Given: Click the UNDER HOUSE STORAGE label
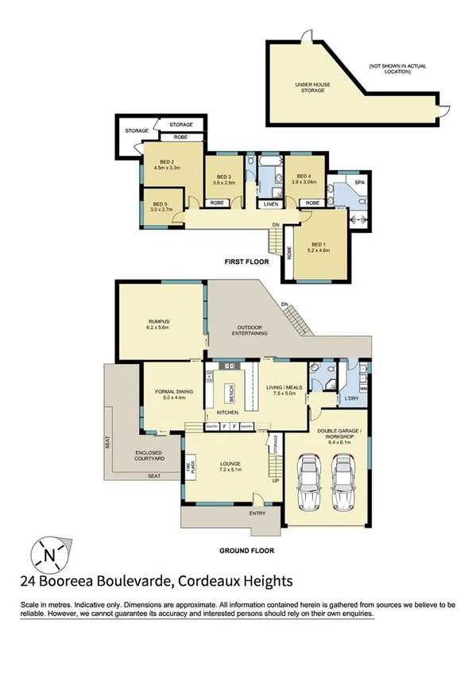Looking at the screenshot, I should [x=313, y=87].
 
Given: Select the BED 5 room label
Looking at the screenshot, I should [x=160, y=204].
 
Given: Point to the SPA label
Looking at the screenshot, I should [x=358, y=183].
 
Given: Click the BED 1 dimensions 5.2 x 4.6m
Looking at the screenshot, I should [x=318, y=250].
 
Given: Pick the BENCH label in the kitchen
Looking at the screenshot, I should [x=230, y=392].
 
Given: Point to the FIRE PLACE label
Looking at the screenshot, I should [x=191, y=469].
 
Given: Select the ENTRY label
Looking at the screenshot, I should [x=257, y=513].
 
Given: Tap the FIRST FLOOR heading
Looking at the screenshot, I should [x=246, y=261].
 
